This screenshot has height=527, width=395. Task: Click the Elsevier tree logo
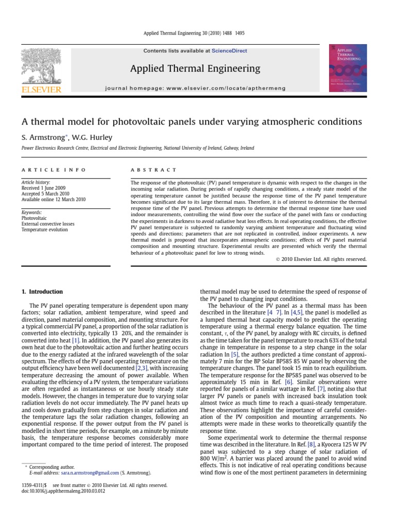pyautogui.click(x=41, y=66)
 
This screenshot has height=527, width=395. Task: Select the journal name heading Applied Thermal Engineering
pyautogui.click(x=195, y=68)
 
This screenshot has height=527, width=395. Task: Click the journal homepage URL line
pyautogui.click(x=195, y=88)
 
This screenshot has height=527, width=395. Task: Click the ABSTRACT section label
pyautogui.click(x=154, y=170)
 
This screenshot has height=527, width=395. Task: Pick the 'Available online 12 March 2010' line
pyautogui.click(x=53, y=200)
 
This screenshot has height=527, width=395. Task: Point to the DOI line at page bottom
pyautogui.click(x=56, y=491)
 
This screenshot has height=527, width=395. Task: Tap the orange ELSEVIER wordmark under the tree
pyautogui.click(x=41, y=90)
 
